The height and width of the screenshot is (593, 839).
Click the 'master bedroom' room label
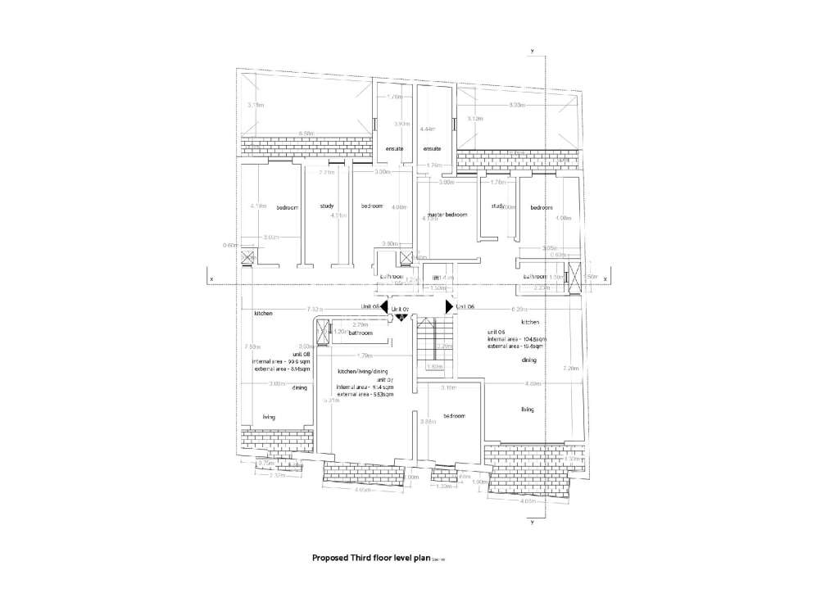point(447,215)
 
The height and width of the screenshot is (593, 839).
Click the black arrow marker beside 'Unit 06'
point(448,306)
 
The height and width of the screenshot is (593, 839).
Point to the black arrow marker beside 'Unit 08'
point(383,306)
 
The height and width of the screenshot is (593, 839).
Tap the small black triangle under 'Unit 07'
point(400,316)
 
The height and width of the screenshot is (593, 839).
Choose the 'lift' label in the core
point(437,278)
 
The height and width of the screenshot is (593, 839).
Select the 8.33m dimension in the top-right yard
point(516,105)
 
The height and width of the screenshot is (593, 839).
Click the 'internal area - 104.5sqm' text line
point(516,338)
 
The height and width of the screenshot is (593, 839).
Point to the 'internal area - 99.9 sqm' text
point(282,361)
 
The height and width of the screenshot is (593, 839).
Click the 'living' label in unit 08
point(269,417)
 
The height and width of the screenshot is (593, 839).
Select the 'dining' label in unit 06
point(529,360)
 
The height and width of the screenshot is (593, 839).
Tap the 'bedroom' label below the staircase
point(454,415)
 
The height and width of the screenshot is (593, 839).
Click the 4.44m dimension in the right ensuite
point(426,129)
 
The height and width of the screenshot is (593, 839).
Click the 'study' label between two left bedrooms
point(327,206)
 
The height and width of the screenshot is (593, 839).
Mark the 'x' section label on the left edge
point(212,279)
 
